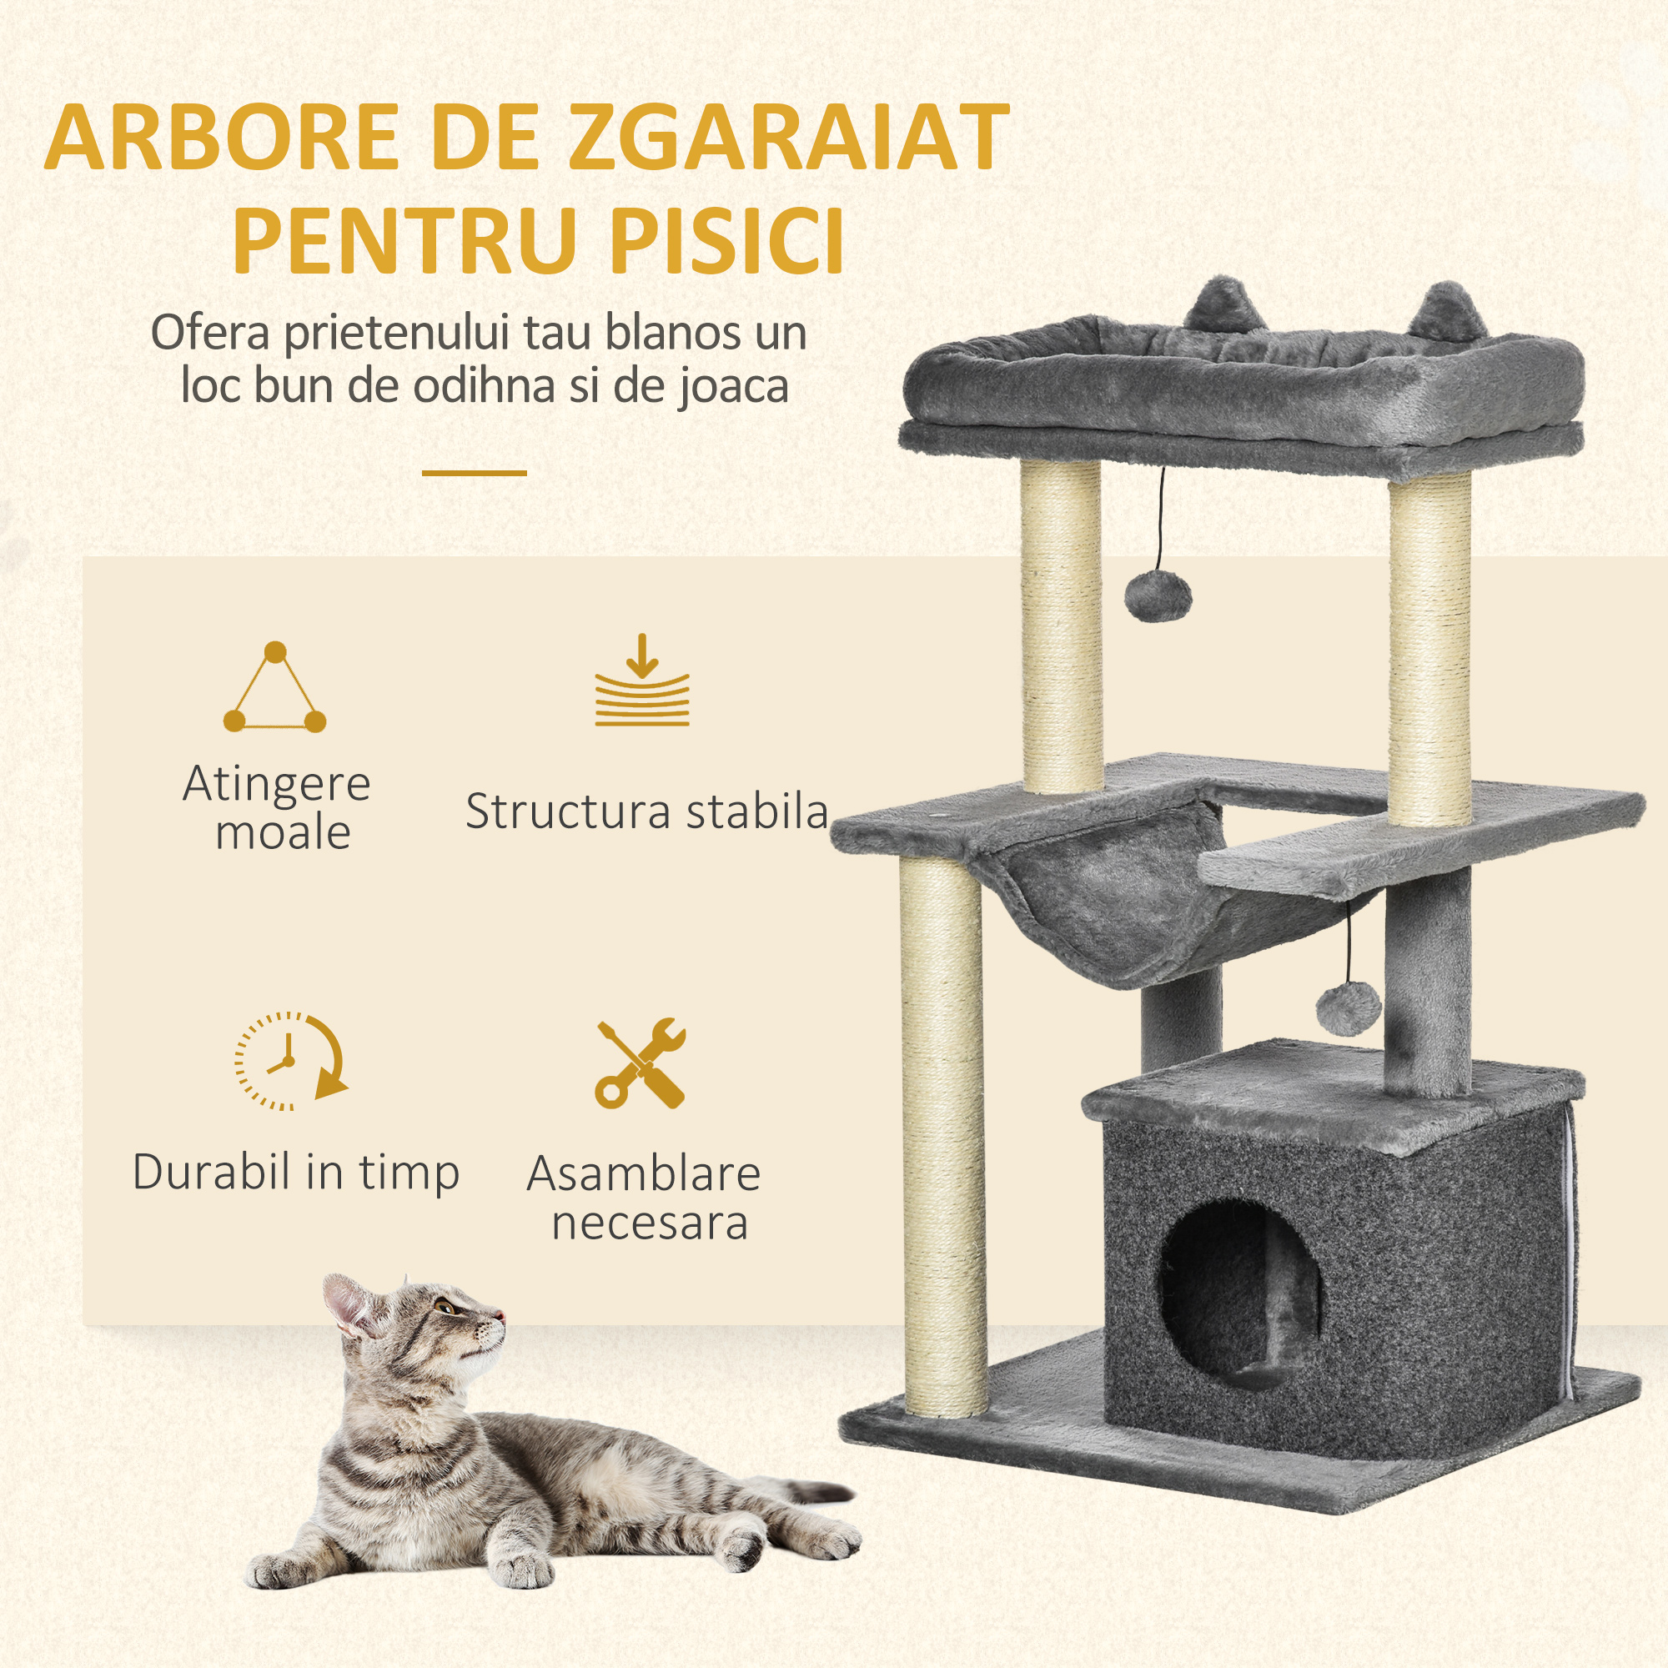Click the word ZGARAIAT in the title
coord(788,138)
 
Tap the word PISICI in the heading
coord(726,239)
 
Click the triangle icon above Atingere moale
coord(274,688)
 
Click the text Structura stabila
coord(646,811)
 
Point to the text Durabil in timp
coord(296,1173)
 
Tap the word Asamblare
coord(643,1173)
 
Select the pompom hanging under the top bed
coord(1158,596)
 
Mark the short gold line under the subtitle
coord(474,473)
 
